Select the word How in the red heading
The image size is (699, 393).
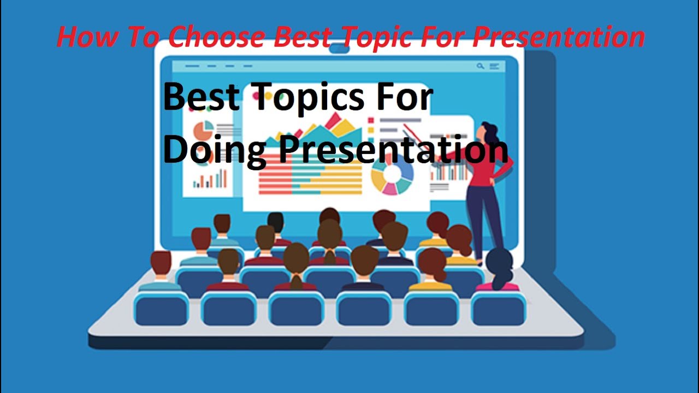(x=82, y=37)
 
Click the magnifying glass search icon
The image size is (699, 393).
(x=480, y=66)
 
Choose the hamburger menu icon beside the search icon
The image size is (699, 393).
(x=494, y=66)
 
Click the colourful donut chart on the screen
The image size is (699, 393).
(x=392, y=176)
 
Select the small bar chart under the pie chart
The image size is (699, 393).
(x=210, y=179)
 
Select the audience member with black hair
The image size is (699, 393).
(x=276, y=224)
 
